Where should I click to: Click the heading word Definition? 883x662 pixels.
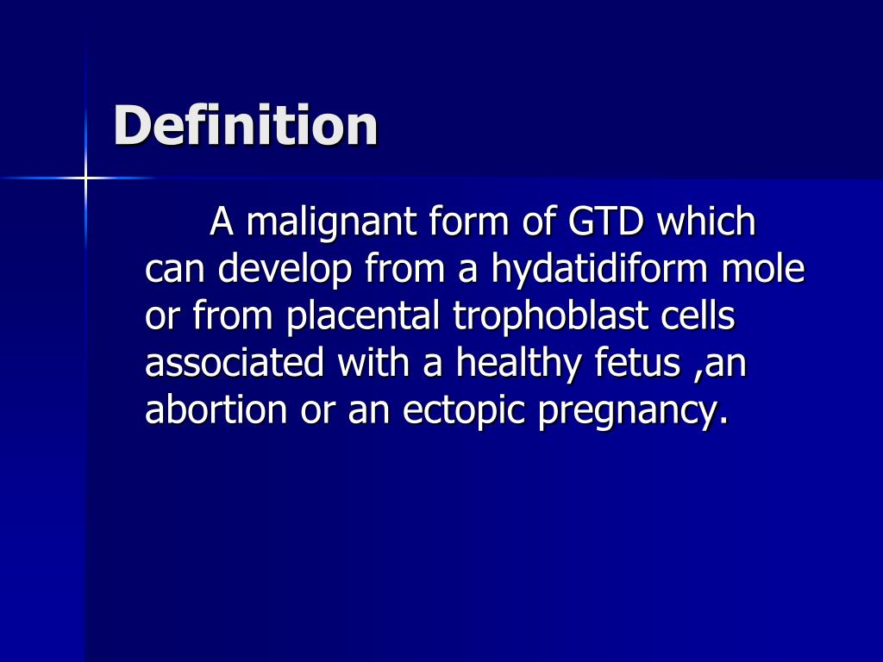click(246, 125)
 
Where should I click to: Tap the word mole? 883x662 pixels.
click(764, 271)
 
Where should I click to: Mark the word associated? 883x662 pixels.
click(235, 364)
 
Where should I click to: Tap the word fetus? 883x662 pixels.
click(637, 364)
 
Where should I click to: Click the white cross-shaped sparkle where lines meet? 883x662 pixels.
click(86, 178)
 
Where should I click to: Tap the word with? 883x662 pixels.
click(374, 364)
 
